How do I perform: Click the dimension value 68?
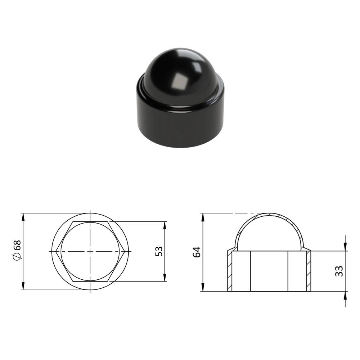tap(17, 245)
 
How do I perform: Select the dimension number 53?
tap(159, 251)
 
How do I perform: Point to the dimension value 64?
tap(197, 252)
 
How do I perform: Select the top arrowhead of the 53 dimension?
tap(165, 226)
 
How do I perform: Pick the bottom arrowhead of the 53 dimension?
tap(165, 277)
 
